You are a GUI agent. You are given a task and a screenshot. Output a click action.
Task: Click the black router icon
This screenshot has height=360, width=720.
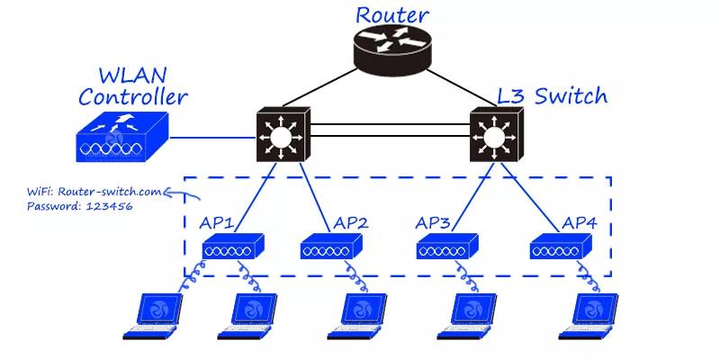point(392,50)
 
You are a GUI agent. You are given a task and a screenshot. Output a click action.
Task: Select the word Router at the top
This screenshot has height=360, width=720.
point(392,14)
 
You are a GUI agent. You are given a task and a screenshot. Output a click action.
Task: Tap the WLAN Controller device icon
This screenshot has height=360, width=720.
point(122,137)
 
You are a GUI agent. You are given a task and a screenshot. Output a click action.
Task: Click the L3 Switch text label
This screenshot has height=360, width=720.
point(553,96)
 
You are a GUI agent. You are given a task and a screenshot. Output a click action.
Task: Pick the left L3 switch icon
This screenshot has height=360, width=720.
point(283,134)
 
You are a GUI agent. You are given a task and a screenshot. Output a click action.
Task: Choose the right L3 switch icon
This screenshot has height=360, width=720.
point(496,134)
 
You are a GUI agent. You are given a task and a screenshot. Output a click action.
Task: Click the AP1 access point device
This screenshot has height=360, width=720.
point(233,247)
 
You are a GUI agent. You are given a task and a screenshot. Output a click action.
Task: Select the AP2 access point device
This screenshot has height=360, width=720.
point(331,247)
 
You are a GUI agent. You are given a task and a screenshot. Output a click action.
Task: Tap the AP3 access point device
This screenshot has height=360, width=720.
point(447,247)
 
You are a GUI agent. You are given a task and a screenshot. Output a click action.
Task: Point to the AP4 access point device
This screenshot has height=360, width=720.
point(561,247)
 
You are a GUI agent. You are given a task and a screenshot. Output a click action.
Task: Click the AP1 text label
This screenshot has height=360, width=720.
point(217,223)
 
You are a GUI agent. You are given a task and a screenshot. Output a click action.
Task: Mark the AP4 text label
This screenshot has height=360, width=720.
point(580,223)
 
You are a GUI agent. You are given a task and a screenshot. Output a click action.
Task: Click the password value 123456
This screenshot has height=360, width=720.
point(109,206)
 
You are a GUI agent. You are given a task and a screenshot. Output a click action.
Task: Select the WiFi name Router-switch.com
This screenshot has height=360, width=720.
point(110,192)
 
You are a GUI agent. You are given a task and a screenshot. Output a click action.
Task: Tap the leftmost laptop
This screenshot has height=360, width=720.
point(153,317)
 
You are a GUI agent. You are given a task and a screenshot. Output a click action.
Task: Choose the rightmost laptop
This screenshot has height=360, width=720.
point(589,317)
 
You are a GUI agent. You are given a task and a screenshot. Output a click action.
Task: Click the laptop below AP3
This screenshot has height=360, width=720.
point(467,317)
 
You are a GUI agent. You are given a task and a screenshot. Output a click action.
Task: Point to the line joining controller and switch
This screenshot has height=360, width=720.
point(212,137)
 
